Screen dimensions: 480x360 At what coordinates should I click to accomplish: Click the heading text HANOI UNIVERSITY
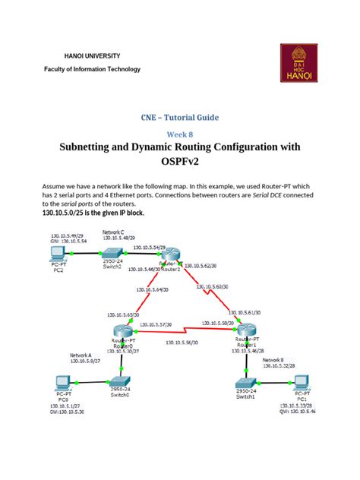[x=91, y=56]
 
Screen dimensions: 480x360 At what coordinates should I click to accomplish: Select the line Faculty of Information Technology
[x=91, y=70]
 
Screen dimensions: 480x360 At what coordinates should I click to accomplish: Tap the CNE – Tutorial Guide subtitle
[x=179, y=118]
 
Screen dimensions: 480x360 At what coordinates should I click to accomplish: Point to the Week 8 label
[x=179, y=134]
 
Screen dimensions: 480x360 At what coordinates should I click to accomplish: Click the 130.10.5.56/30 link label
[x=182, y=343]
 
